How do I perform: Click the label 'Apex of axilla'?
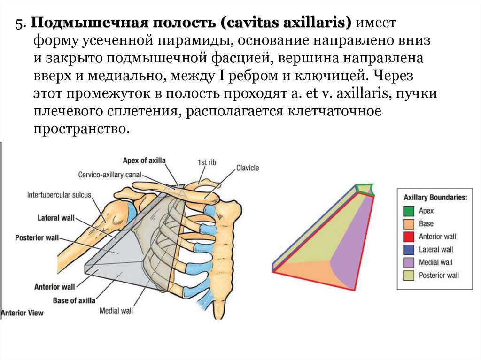coord(144,160)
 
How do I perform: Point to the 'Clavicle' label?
coord(248,168)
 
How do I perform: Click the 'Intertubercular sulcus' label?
coord(59,194)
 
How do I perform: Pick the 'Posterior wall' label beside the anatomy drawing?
coord(37,237)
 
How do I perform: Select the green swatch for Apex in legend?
coord(409,211)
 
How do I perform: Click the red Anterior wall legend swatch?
coord(409,237)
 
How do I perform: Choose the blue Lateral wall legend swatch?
coord(409,250)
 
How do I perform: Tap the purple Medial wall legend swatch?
coord(409,262)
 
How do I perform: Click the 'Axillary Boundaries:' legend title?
coord(434,198)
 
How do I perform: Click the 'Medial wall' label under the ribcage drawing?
coord(116,310)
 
